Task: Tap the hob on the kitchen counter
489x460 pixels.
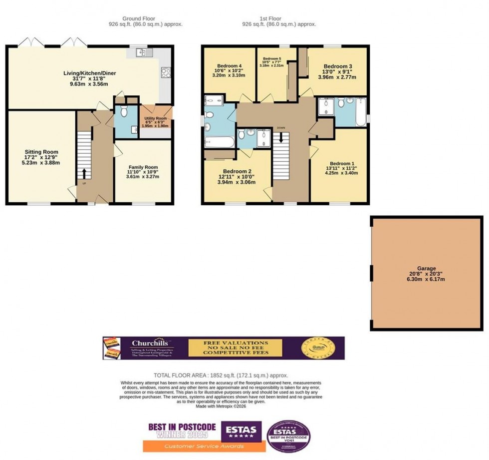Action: pyautogui.click(x=166, y=73)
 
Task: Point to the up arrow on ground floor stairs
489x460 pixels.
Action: pyautogui.click(x=83, y=173)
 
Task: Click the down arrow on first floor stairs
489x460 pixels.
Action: pyautogui.click(x=281, y=136)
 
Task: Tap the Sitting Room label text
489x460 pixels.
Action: pyautogui.click(x=41, y=152)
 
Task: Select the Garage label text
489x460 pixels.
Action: pyautogui.click(x=427, y=268)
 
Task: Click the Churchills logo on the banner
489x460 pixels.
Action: pyautogui.click(x=146, y=344)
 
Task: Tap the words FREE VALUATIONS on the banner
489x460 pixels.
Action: pyautogui.click(x=235, y=343)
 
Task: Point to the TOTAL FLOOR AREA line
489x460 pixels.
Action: pyautogui.click(x=220, y=375)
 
